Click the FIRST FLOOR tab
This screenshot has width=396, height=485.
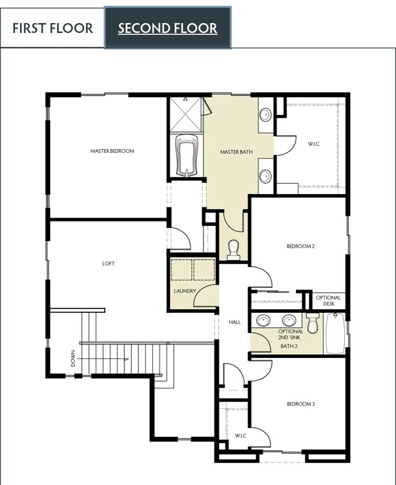[x=52, y=28]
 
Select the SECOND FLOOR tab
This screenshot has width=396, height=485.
[x=168, y=28]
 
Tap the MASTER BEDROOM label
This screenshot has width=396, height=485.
[x=112, y=151]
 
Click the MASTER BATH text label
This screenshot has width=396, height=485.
[x=236, y=152]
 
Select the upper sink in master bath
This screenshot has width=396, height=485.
[x=266, y=114]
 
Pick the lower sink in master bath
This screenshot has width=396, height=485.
[x=266, y=176]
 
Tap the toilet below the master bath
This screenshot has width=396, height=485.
[x=233, y=248]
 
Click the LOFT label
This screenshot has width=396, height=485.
[x=108, y=263]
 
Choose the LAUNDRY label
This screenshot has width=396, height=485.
[x=185, y=291]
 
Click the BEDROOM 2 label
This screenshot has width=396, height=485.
[x=300, y=246]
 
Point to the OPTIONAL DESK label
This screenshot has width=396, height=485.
[x=328, y=301]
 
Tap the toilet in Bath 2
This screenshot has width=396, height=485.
[x=313, y=324]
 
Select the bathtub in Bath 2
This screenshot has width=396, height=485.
[x=335, y=333]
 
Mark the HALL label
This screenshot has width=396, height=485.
[x=235, y=321]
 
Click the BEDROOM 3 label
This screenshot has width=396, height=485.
[x=300, y=403]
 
